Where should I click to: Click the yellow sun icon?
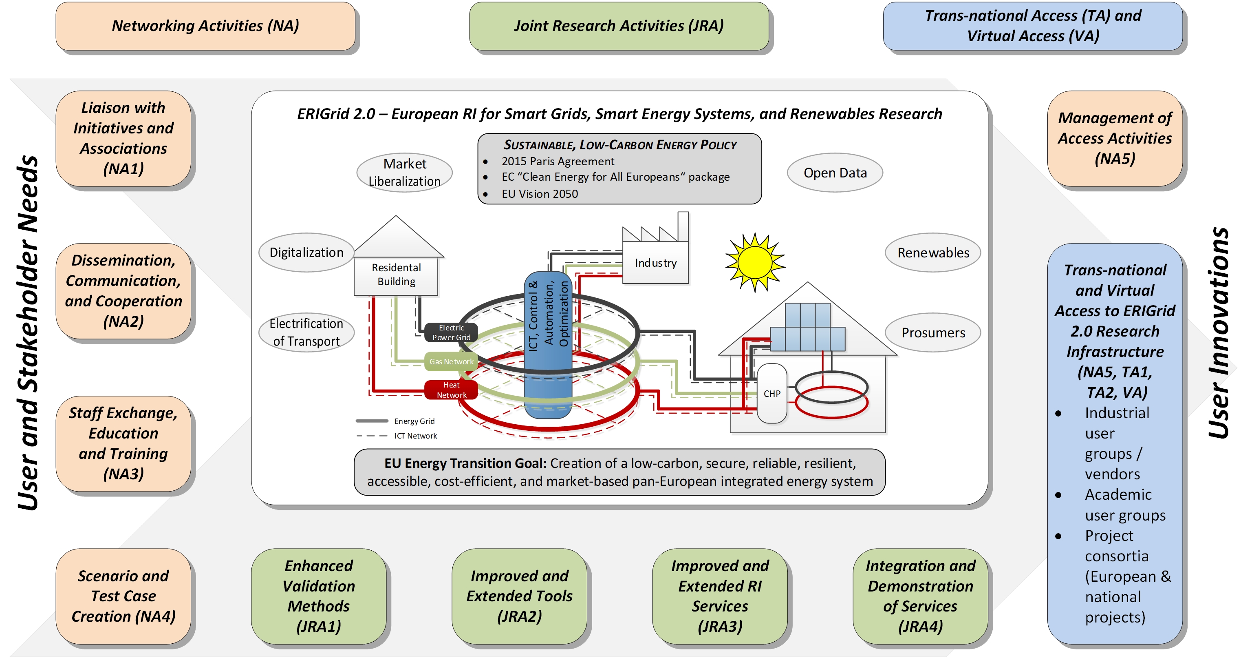click(x=754, y=262)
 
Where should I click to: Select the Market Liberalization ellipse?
click(x=404, y=173)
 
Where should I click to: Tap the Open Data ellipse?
click(x=835, y=173)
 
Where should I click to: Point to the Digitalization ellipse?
click(x=306, y=253)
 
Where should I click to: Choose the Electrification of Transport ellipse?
click(x=306, y=332)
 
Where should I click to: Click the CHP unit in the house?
click(x=772, y=393)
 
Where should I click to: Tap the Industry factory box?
click(x=655, y=262)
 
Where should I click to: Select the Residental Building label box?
click(x=396, y=275)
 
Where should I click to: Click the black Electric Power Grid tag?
click(x=451, y=332)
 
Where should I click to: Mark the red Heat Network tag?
click(x=451, y=390)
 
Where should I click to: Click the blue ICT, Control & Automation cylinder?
click(x=548, y=345)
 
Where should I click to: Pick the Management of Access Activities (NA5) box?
click(x=1115, y=139)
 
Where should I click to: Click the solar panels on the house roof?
click(x=808, y=327)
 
